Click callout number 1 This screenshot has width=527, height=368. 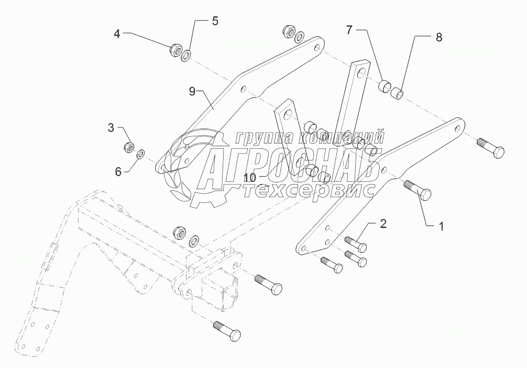pyautogui.click(x=441, y=226)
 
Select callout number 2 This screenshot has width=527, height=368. pyautogui.click(x=383, y=224)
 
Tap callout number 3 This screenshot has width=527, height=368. pyautogui.click(x=111, y=127)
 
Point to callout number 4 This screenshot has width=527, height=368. pyautogui.click(x=117, y=34)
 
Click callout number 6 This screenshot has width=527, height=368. pyautogui.click(x=118, y=171)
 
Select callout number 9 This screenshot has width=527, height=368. pyautogui.click(x=192, y=91)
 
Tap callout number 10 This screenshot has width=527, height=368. pyautogui.click(x=250, y=178)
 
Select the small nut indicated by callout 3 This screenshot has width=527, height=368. pyautogui.click(x=129, y=147)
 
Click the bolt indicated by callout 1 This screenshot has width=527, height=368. pyautogui.click(x=418, y=190)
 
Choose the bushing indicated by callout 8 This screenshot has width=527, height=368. pyautogui.click(x=400, y=94)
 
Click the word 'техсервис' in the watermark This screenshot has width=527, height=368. pyautogui.click(x=309, y=190)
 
